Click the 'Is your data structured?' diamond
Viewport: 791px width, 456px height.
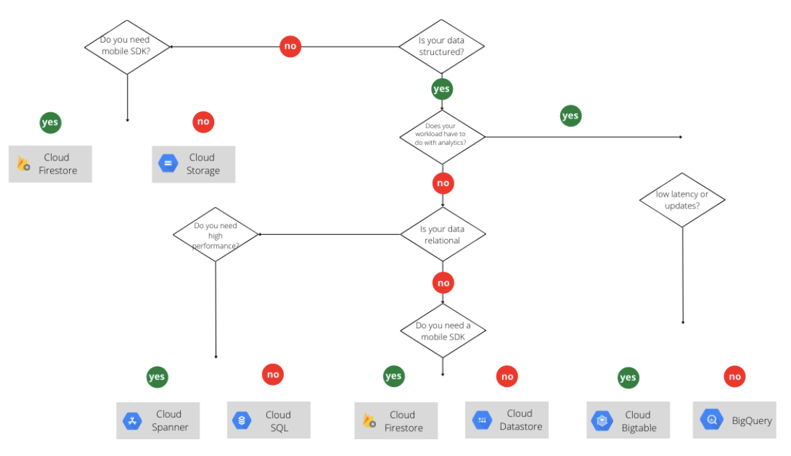(441, 47)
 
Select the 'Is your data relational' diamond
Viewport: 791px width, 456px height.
(442, 234)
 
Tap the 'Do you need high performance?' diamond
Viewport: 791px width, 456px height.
(216, 234)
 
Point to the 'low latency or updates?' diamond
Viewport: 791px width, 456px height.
(682, 200)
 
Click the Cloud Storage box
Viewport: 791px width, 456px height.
(193, 164)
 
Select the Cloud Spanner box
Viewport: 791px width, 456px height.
(158, 420)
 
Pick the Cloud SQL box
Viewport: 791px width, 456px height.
(269, 420)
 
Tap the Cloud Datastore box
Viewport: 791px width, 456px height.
(507, 420)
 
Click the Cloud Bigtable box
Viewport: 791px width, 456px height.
(628, 420)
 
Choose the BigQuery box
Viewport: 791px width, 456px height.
(734, 420)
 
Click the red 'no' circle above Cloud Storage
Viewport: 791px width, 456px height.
(203, 122)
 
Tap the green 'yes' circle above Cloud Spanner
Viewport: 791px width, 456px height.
(157, 377)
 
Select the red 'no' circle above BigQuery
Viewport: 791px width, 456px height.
(734, 377)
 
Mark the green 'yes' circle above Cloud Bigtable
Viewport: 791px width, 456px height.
(628, 378)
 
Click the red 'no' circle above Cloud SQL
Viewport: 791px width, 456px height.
(273, 374)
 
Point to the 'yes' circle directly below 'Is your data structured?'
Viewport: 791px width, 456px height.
(442, 89)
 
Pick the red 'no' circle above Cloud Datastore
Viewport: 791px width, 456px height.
(507, 377)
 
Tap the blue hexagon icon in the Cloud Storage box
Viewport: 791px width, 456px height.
(168, 164)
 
